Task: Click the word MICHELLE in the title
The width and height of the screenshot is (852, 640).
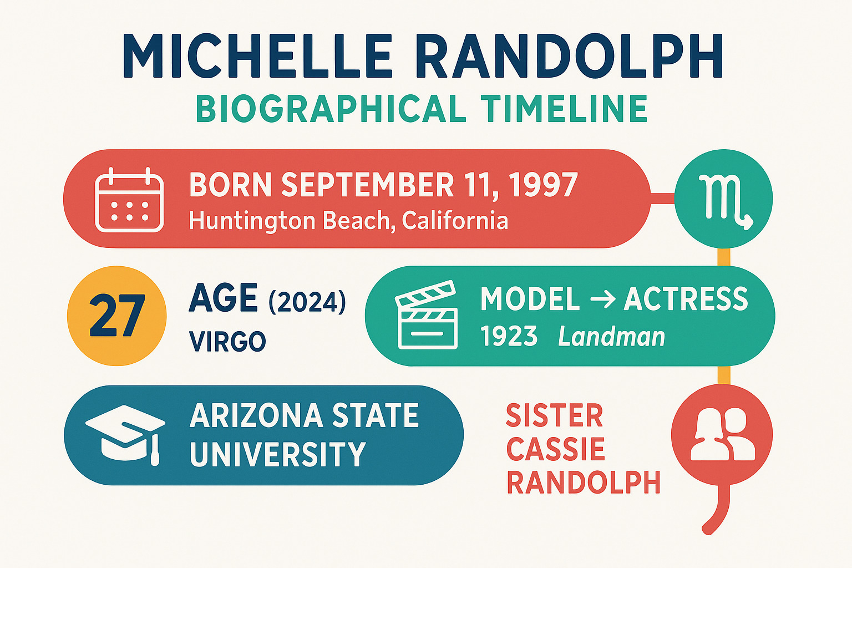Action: pyautogui.click(x=257, y=56)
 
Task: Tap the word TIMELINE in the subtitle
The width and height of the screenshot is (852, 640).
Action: pyautogui.click(x=564, y=109)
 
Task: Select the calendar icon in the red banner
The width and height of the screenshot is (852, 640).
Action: pyautogui.click(x=129, y=200)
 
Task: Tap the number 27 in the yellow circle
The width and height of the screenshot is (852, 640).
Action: pyautogui.click(x=117, y=315)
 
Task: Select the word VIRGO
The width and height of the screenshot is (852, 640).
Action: pyautogui.click(x=227, y=341)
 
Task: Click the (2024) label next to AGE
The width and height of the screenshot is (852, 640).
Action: pyautogui.click(x=307, y=302)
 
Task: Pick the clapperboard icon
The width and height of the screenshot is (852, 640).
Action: pyautogui.click(x=427, y=315)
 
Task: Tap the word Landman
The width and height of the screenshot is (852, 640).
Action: pyautogui.click(x=611, y=337)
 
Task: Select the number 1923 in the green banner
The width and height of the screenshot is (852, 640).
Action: pyautogui.click(x=509, y=336)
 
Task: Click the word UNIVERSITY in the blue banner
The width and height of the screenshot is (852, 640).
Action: pyautogui.click(x=278, y=454)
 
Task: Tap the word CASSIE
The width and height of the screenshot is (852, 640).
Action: pyautogui.click(x=555, y=449)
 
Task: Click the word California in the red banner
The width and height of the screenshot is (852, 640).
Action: pyautogui.click(x=455, y=220)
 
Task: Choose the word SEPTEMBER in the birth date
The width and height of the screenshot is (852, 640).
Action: pyautogui.click(x=368, y=185)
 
